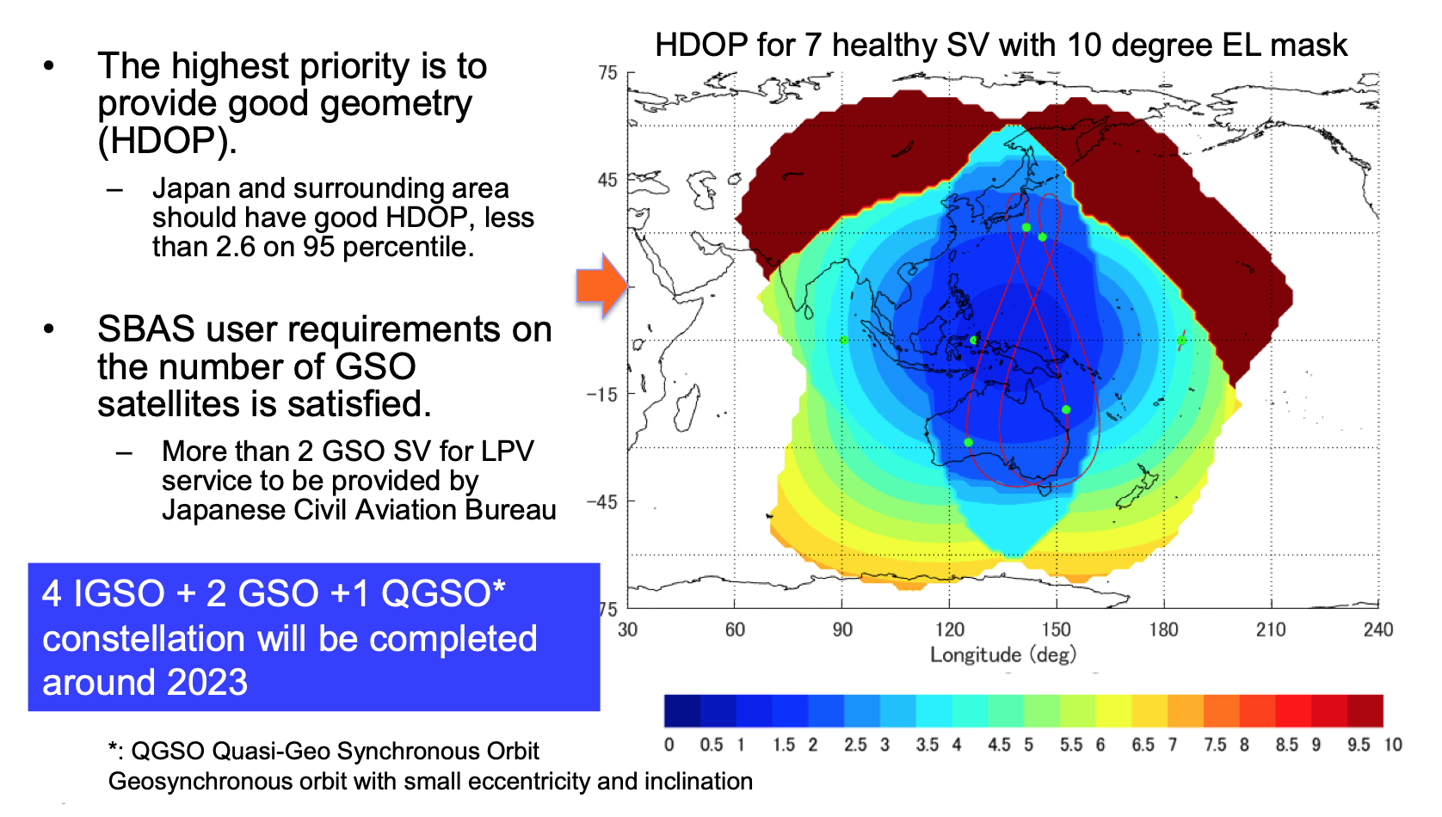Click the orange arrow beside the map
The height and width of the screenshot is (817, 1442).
[601, 286]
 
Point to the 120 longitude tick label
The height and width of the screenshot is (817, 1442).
[949, 630]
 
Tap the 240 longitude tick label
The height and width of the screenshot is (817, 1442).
[1377, 630]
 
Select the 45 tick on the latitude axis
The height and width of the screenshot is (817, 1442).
[607, 181]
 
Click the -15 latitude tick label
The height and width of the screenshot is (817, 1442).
[602, 395]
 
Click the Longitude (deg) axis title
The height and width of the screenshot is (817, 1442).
[1002, 655]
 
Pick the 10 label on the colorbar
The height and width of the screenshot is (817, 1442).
[1393, 746]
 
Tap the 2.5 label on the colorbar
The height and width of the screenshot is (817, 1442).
[855, 746]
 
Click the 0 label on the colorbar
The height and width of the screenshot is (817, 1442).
[669, 746]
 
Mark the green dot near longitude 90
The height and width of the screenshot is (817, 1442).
[843, 341]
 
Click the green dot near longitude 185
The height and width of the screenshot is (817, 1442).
[1181, 341]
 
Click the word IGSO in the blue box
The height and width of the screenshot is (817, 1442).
[119, 594]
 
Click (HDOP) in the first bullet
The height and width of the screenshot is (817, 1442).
[167, 141]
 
